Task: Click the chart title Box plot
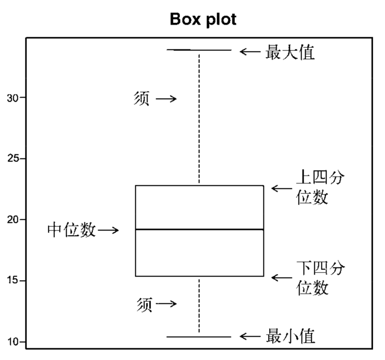pos(203,19)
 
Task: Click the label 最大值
pos(291,51)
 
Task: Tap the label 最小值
pos(291,337)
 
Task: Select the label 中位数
pos(72,230)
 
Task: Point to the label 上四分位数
pos(320,187)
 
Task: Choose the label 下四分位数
pos(320,278)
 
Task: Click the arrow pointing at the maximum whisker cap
pos(250,51)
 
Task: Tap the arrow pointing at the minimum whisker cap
pos(250,337)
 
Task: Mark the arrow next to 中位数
pos(108,230)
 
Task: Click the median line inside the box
pos(199,229)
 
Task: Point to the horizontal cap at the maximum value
pos(199,50)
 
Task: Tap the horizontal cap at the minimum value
pos(199,337)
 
